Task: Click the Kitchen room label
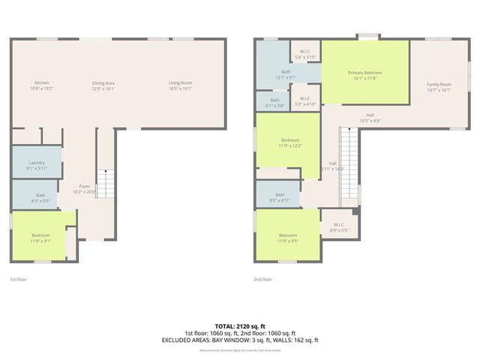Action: pyautogui.click(x=41, y=82)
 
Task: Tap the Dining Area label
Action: pyautogui.click(x=103, y=82)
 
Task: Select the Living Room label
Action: pyautogui.click(x=180, y=82)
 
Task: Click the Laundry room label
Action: pyautogui.click(x=37, y=163)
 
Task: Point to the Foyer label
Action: pyautogui.click(x=85, y=186)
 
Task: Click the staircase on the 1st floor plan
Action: pyautogui.click(x=107, y=184)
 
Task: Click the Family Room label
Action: pyautogui.click(x=439, y=85)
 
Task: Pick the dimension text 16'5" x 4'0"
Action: pyautogui.click(x=370, y=121)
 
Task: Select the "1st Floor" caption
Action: pyautogui.click(x=19, y=279)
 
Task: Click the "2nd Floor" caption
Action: pyautogui.click(x=262, y=279)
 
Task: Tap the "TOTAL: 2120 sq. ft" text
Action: pyautogui.click(x=240, y=327)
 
